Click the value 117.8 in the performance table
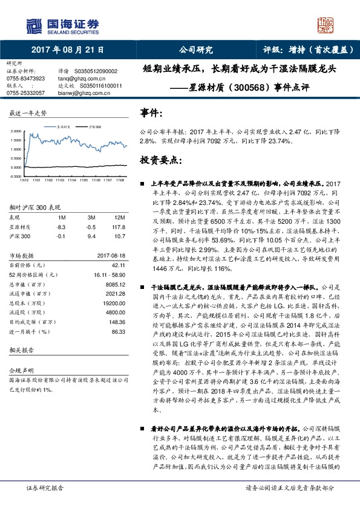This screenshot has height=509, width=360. [x=119, y=227]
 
